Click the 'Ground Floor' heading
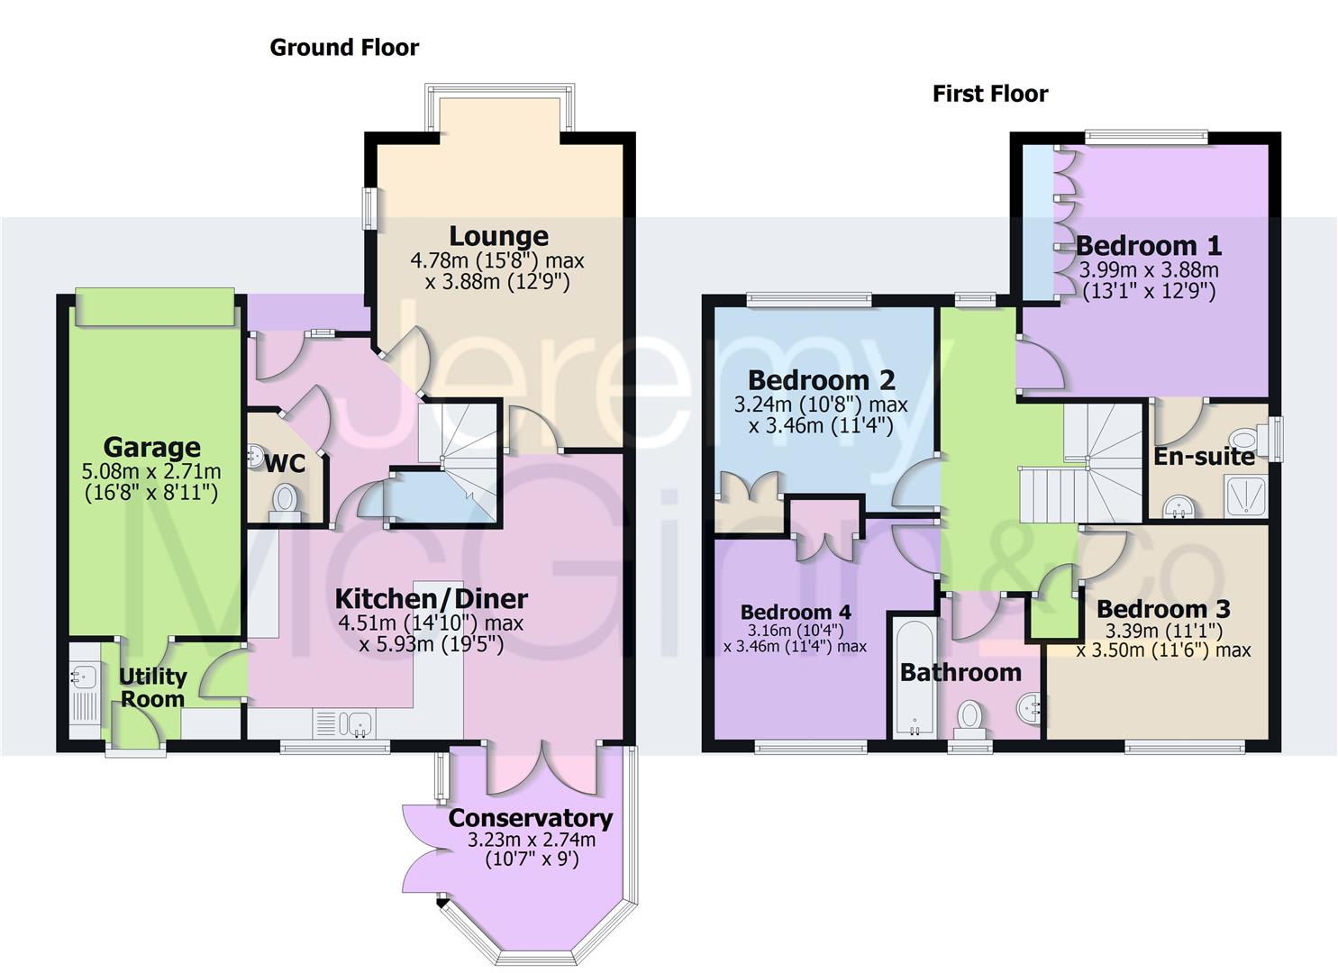(x=344, y=48)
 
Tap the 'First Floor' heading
(x=989, y=94)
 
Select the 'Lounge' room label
(x=498, y=236)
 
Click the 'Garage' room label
(x=151, y=447)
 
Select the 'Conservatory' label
(x=530, y=818)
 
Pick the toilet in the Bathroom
(x=969, y=716)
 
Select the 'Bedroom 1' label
(x=1148, y=245)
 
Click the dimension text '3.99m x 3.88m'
(x=1148, y=269)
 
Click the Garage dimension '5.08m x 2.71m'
(x=151, y=471)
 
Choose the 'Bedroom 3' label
(x=1162, y=609)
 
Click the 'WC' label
(x=285, y=464)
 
